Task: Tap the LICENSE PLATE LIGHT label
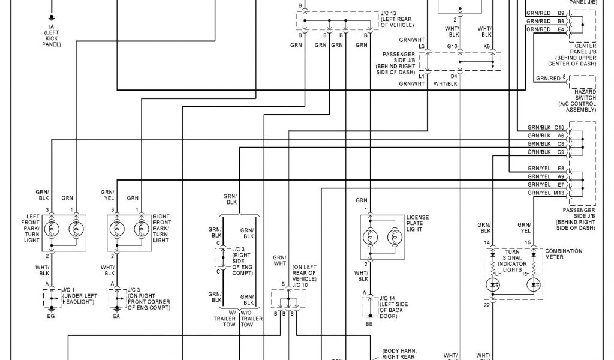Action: click(417, 224)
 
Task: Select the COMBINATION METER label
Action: click(564, 254)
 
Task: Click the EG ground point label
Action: click(51, 316)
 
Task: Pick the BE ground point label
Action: click(369, 324)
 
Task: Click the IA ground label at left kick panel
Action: click(52, 27)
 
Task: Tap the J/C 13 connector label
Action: click(388, 13)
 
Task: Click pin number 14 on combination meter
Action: click(486, 242)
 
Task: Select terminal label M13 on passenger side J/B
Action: click(559, 193)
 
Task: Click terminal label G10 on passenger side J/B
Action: click(453, 46)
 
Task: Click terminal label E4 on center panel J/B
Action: click(561, 29)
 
